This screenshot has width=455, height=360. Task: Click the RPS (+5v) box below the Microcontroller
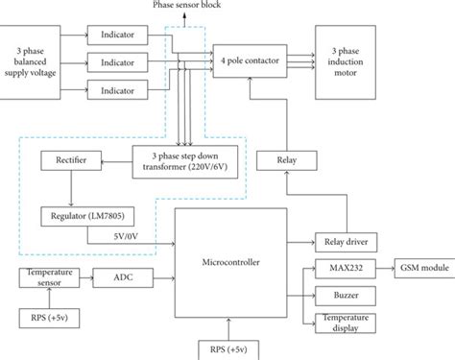pyautogui.click(x=227, y=345)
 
